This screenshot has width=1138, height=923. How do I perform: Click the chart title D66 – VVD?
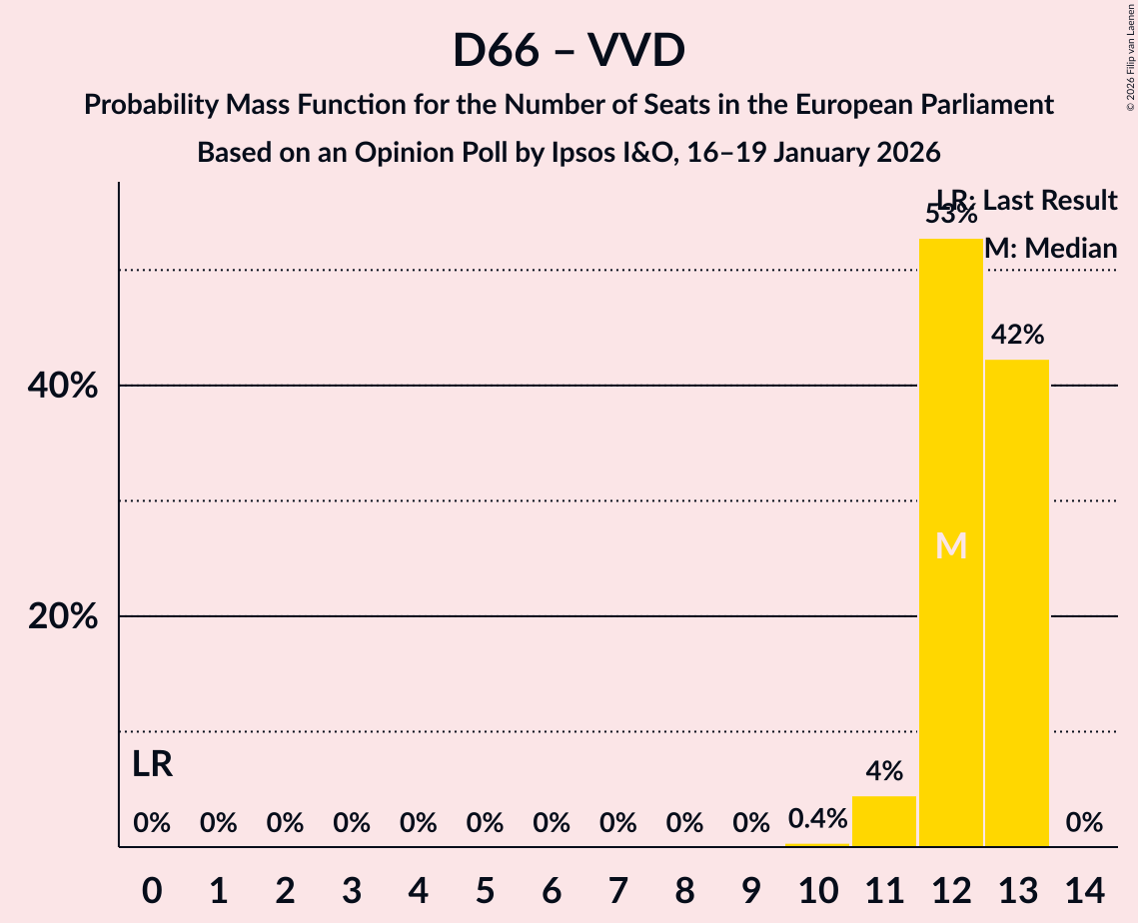click(569, 50)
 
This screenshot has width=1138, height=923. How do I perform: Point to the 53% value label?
click(950, 214)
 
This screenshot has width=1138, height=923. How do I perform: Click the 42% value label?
click(1017, 335)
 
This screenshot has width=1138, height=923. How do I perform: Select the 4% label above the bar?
click(884, 771)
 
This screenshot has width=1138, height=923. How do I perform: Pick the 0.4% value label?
click(817, 820)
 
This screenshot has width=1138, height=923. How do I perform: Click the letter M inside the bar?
click(951, 546)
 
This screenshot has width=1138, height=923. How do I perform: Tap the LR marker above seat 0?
click(152, 765)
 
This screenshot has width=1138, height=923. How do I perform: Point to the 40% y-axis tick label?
click(63, 386)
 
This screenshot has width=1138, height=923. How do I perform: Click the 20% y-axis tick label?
click(63, 616)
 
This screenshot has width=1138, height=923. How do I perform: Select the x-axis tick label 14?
click(1084, 888)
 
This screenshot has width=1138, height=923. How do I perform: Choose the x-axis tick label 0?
click(152, 888)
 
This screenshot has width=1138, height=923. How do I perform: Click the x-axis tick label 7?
click(617, 888)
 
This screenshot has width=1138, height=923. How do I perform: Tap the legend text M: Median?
click(1050, 249)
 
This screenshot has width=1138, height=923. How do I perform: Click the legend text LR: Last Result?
click(1027, 201)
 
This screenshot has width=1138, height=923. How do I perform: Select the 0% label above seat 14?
click(1084, 823)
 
